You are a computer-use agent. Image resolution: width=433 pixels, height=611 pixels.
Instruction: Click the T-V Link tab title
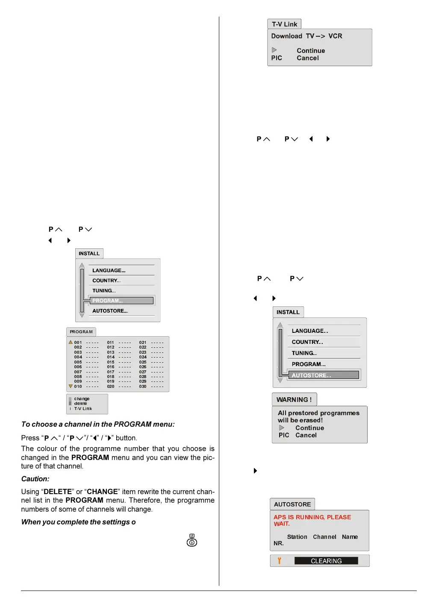pos(284,24)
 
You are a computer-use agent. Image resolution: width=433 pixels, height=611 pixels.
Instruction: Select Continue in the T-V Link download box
pos(311,51)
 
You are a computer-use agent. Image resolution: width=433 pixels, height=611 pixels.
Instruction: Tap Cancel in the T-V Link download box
pos(308,58)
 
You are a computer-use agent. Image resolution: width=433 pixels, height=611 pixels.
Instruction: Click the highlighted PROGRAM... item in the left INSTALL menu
pos(121,301)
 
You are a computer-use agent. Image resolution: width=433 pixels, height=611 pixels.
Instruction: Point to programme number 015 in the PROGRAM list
pos(111,362)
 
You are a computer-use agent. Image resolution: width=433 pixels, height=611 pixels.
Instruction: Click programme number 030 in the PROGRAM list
pos(143,387)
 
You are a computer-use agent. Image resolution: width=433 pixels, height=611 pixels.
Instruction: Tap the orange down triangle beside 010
pos(71,386)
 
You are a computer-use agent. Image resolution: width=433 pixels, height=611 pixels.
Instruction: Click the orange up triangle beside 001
pos(71,342)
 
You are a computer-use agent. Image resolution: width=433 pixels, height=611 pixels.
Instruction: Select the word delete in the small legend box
pos(80,404)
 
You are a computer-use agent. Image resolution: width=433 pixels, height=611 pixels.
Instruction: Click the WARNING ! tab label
pos(294,400)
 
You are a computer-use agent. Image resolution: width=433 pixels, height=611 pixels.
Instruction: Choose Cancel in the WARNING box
pos(306,435)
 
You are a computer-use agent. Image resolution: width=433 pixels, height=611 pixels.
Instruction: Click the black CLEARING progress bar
pos(326,561)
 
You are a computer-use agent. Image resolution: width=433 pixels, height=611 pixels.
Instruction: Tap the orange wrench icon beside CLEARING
pos(280,561)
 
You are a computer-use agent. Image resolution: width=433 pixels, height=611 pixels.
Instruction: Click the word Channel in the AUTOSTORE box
pos(324,537)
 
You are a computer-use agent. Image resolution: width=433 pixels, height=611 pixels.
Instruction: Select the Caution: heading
pos(35,479)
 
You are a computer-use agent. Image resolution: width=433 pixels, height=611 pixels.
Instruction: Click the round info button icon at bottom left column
pos(192,542)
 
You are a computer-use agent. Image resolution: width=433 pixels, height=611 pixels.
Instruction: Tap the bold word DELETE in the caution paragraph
pos(58,492)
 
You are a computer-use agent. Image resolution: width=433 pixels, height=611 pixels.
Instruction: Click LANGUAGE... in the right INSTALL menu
pos(310,331)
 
